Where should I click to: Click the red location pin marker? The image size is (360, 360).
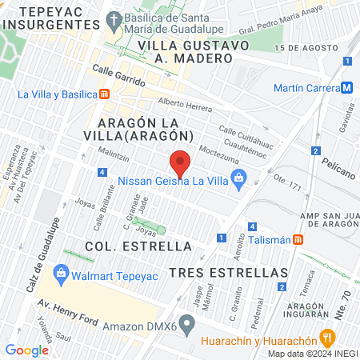(x=181, y=162)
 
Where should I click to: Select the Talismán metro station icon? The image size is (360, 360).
(x=298, y=238)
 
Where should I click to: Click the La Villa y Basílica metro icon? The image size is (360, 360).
(x=105, y=94)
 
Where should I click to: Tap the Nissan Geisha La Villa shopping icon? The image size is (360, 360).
(x=238, y=182)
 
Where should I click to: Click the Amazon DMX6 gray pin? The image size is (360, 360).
(x=187, y=326)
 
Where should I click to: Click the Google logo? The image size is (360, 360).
(x=26, y=350)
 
